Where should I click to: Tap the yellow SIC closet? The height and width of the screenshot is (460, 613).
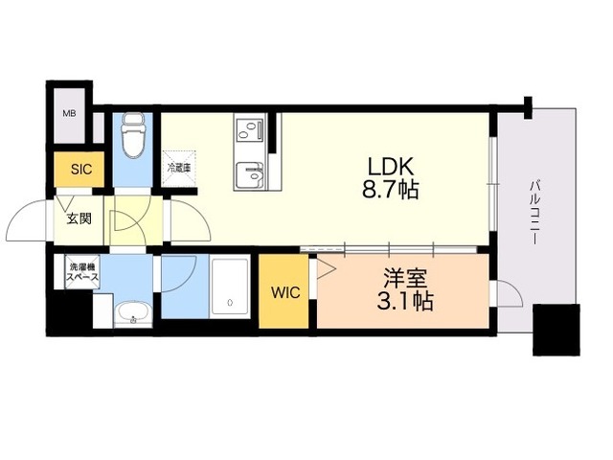coord(80,170)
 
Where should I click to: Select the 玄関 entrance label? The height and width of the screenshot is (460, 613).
coord(79,218)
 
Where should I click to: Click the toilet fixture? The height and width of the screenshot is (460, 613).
coord(133,137)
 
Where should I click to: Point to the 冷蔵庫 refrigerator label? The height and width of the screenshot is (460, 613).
coord(179,168)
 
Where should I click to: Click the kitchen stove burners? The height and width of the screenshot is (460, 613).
coord(249,129)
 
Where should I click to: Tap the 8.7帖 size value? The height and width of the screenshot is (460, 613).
coord(389,189)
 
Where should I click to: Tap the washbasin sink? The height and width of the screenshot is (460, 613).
coord(132,312)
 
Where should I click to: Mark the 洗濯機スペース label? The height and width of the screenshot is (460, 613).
coord(81,271)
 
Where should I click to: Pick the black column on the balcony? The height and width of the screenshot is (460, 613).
coord(556,330)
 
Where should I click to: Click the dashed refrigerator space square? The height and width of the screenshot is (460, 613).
coord(179,168)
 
